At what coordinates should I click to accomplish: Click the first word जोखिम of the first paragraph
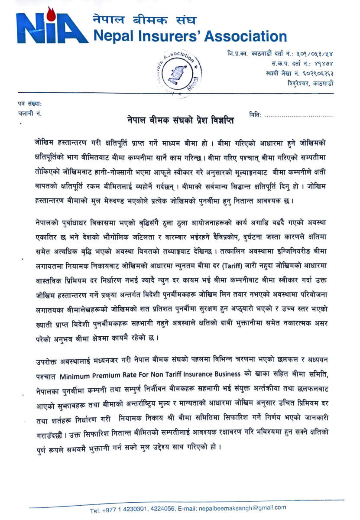pyautogui.click(x=45, y=142)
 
